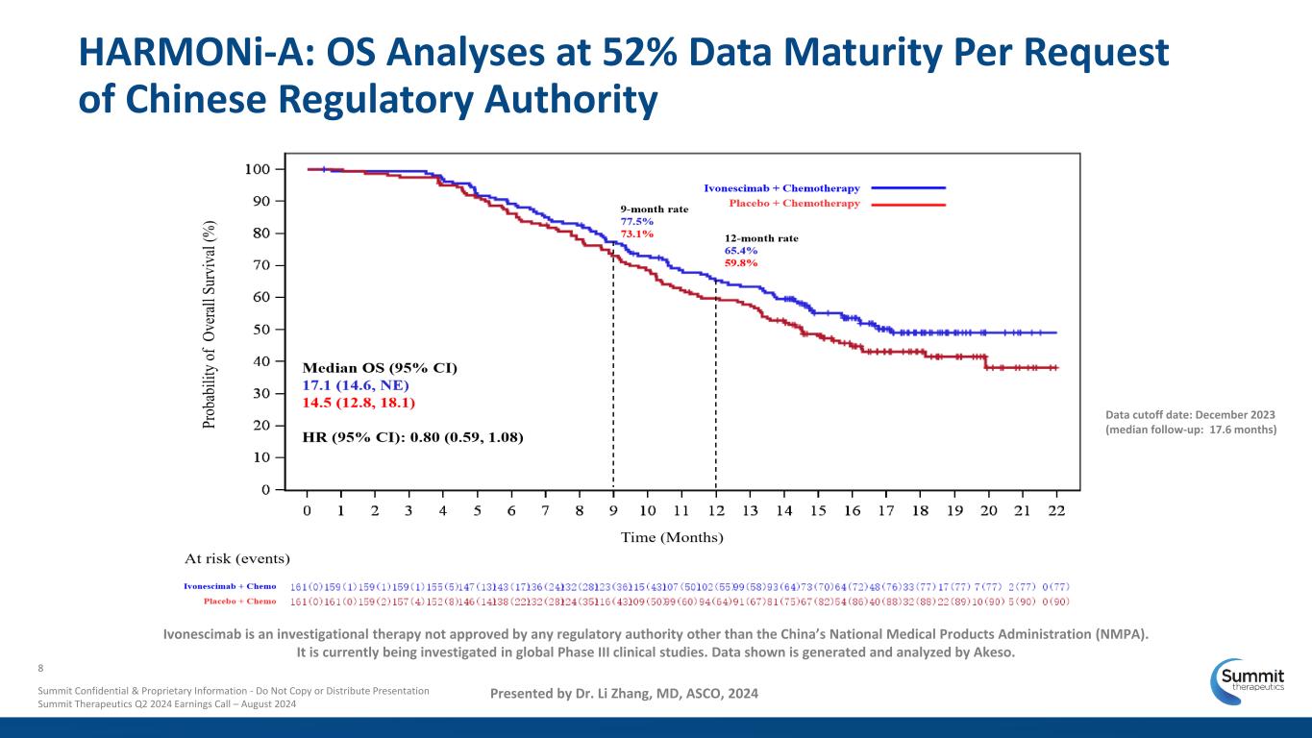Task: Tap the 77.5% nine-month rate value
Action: click(x=636, y=220)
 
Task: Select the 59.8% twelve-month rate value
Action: click(x=741, y=262)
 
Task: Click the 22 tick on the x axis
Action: click(x=1055, y=510)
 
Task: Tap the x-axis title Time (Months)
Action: click(x=672, y=537)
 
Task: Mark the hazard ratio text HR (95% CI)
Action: click(x=413, y=437)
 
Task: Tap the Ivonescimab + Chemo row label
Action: click(x=230, y=585)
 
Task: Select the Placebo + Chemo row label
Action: click(x=239, y=602)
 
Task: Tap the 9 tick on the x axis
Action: click(x=613, y=510)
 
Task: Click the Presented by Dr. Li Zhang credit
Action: click(x=624, y=693)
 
